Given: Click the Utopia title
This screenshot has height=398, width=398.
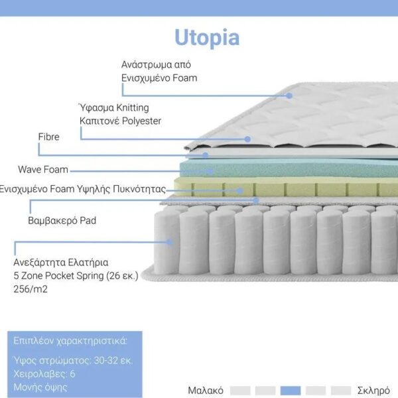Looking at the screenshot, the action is (207, 38).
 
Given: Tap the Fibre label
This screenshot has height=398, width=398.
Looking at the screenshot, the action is (48, 137).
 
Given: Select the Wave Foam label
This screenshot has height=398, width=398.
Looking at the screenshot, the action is (43, 169).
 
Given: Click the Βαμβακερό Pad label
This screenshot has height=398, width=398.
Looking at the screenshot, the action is (62, 220).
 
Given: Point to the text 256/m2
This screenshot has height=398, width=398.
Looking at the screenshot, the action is (31, 289).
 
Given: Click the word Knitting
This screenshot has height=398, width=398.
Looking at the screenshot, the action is (133, 108).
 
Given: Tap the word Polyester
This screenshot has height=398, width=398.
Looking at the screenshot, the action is (141, 121).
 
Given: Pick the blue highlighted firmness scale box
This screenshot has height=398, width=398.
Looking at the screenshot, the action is (291, 391).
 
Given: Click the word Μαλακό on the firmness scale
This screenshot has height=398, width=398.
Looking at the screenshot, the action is (206, 391).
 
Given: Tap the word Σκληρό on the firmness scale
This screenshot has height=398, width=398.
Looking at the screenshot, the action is (373, 391).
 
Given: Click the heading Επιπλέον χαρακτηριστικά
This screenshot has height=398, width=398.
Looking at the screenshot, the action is (70, 341).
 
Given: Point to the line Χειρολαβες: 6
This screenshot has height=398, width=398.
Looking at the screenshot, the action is (44, 374).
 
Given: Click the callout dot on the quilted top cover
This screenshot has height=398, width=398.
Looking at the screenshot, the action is (289, 96).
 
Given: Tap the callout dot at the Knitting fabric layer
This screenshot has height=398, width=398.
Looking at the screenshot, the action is (247, 139).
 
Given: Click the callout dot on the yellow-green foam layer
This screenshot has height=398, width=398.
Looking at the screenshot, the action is (239, 191).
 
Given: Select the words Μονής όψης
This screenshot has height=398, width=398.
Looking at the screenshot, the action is (40, 387).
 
